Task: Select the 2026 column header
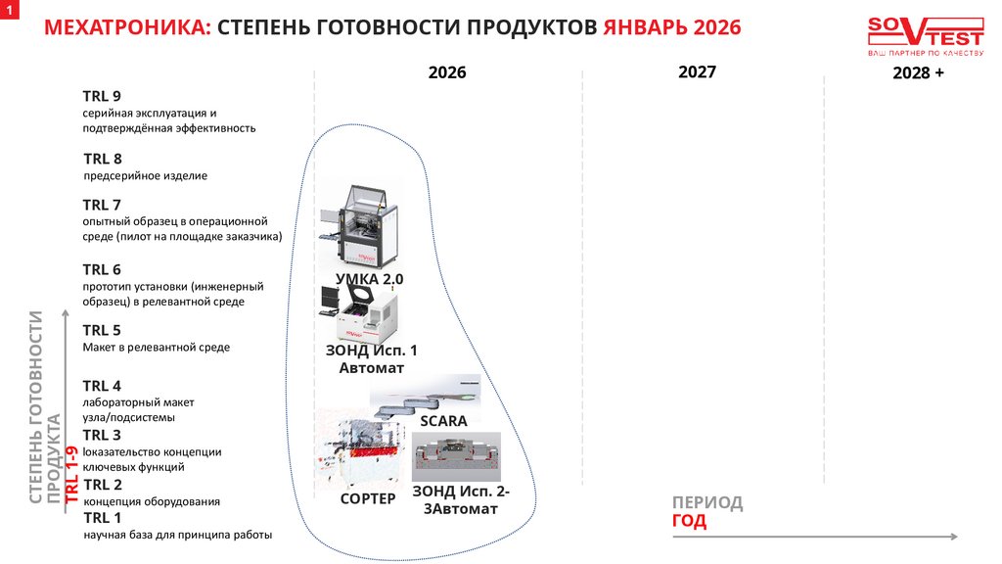coord(447,72)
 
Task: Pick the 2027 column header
coord(697,71)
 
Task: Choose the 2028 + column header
coord(918,73)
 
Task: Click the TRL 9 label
coord(102,96)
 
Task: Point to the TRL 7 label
coord(102,205)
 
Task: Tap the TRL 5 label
coord(102,330)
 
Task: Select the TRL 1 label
coord(103,518)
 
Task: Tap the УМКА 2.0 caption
coord(370,279)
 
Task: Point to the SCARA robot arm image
coord(426,394)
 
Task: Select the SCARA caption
coord(443,421)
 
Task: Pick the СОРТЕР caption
coord(368,498)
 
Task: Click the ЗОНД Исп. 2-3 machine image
coord(456,456)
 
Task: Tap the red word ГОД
coord(689,521)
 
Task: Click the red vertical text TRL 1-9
coord(70,475)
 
